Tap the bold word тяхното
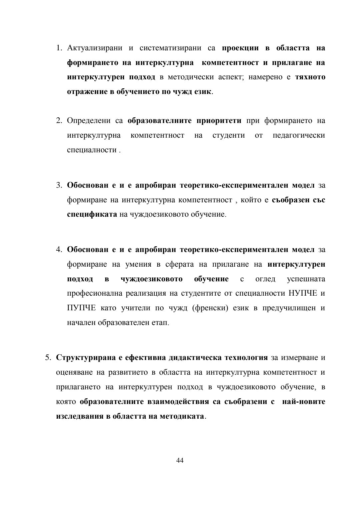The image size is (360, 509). pos(310,77)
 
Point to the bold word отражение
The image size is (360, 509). pos(87,92)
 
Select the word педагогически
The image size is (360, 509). pos(299,135)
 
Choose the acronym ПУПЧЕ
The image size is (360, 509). pos(81,308)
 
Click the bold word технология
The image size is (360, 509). pos(246,358)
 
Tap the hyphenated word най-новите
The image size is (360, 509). pos(304,402)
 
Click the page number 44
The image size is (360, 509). pos(180,461)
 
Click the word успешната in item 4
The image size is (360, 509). pos(306,279)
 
